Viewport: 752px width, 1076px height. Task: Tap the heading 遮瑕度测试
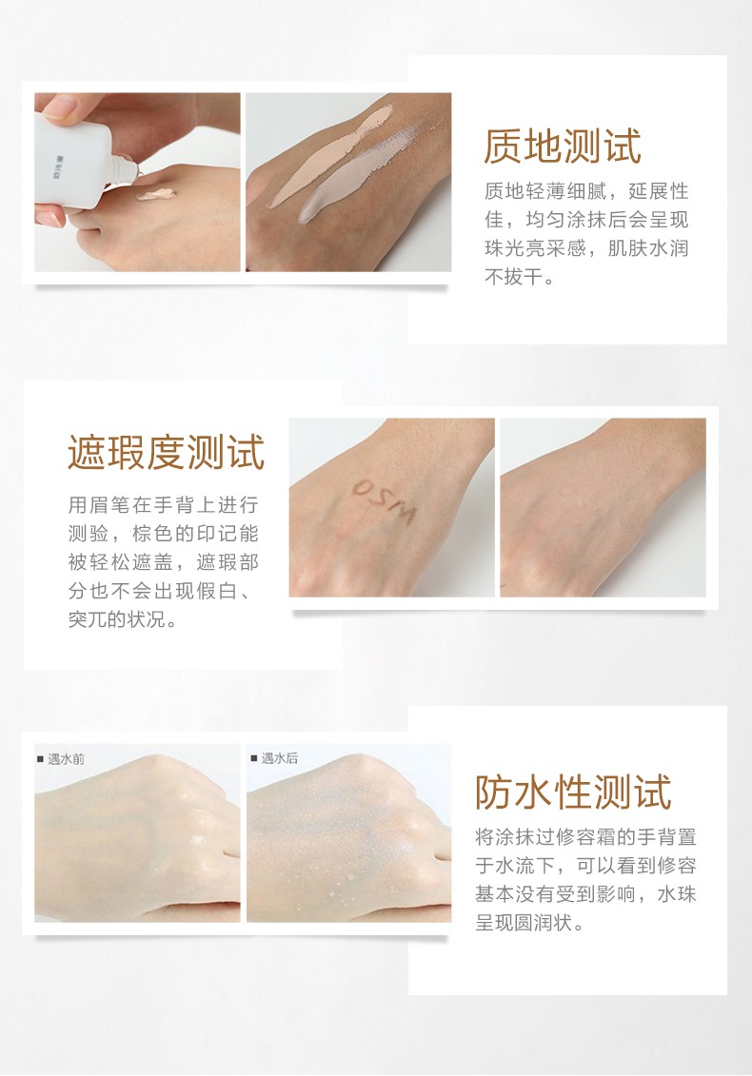[x=166, y=452]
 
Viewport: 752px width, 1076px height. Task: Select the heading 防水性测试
[x=573, y=792]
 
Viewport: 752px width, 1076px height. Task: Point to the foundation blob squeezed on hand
[x=151, y=194]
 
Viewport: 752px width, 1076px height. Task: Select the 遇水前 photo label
[x=66, y=758]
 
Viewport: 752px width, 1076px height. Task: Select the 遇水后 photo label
[x=279, y=758]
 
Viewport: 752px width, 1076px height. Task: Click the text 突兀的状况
[x=121, y=620]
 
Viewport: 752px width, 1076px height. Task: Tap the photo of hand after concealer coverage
[x=603, y=508]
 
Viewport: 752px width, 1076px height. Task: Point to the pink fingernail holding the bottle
[x=49, y=218]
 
